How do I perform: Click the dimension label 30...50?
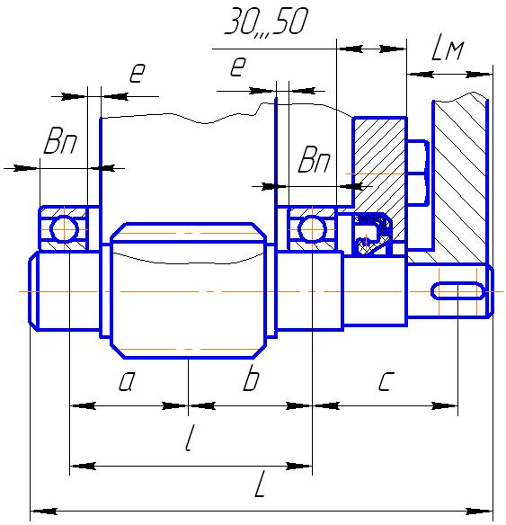pyautogui.click(x=266, y=21)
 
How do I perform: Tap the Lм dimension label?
pyautogui.click(x=447, y=49)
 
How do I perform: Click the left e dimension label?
pyautogui.click(x=138, y=73)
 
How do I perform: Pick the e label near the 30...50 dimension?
pyautogui.click(x=238, y=67)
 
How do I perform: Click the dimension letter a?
pyautogui.click(x=127, y=381)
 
